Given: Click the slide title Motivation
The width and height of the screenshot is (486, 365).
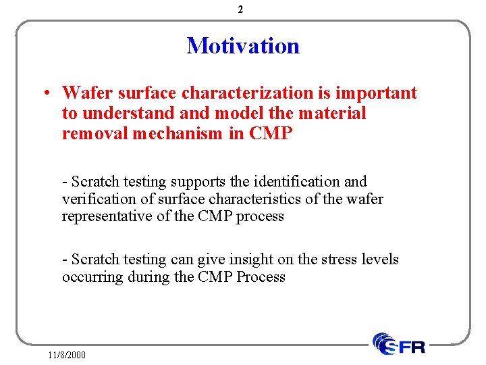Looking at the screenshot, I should click(x=243, y=46).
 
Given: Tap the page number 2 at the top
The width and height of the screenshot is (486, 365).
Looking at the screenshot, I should click(x=241, y=9).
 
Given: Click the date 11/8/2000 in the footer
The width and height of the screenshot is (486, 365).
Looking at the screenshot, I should click(x=67, y=354).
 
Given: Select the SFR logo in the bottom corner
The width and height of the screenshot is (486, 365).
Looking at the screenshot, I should click(x=399, y=344).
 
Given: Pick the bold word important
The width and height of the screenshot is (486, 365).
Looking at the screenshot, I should click(x=379, y=93).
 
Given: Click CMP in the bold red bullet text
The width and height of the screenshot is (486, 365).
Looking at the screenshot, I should click(x=271, y=134).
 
